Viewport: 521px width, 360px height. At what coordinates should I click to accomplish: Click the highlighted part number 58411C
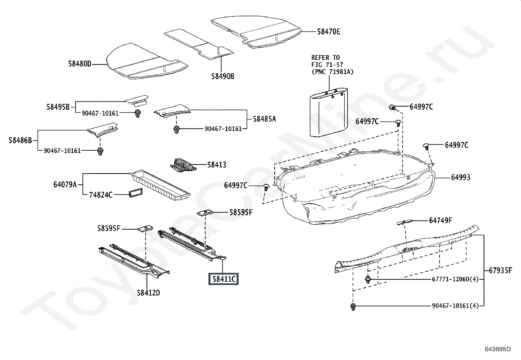[x=224, y=279]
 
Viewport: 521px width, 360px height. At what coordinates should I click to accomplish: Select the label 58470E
[x=329, y=32]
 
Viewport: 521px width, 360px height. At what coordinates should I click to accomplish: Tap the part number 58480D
[x=80, y=64]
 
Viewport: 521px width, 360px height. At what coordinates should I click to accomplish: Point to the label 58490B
[x=223, y=76]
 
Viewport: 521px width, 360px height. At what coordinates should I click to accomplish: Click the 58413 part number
[x=217, y=165]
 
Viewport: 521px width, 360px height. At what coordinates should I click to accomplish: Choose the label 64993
[x=460, y=178]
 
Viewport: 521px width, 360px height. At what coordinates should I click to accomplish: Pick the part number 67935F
[x=500, y=270]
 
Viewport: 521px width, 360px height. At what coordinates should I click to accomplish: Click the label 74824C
[x=101, y=195]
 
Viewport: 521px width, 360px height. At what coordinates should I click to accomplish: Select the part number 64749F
[x=440, y=220]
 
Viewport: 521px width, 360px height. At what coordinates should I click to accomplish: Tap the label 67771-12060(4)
[x=455, y=279]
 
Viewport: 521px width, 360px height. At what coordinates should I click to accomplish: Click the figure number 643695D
[x=498, y=349]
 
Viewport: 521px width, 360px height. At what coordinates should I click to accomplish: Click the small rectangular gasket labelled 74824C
[x=135, y=193]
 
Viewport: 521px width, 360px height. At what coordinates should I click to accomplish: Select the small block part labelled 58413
[x=183, y=165]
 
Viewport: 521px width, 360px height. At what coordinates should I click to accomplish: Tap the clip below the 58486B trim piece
[x=100, y=152]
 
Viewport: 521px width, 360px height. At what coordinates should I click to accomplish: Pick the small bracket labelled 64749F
[x=405, y=222]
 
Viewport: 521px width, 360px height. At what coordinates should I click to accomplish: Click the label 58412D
[x=148, y=293]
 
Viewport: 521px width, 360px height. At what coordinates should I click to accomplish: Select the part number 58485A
[x=264, y=119]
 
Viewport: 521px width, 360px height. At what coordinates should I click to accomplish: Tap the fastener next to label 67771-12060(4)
[x=368, y=279]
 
